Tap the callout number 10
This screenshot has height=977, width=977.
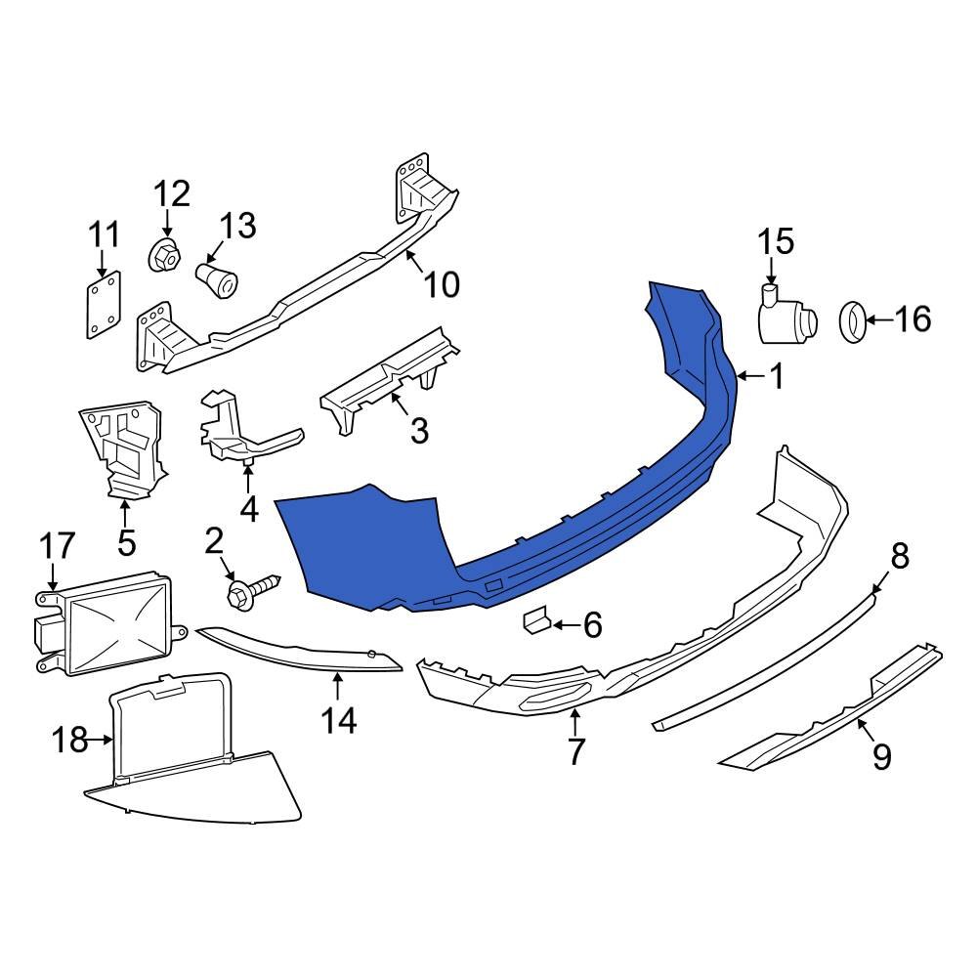[x=441, y=284]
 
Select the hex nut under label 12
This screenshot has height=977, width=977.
[x=164, y=257]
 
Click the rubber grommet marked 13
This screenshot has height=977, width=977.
[x=217, y=276]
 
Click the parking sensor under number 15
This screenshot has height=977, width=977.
[x=789, y=317]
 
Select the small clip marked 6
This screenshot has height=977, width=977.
[x=535, y=621]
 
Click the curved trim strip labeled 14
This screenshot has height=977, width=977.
[x=303, y=653]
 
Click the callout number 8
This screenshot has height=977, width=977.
[x=899, y=557]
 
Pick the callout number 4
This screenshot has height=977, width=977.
[x=248, y=508]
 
